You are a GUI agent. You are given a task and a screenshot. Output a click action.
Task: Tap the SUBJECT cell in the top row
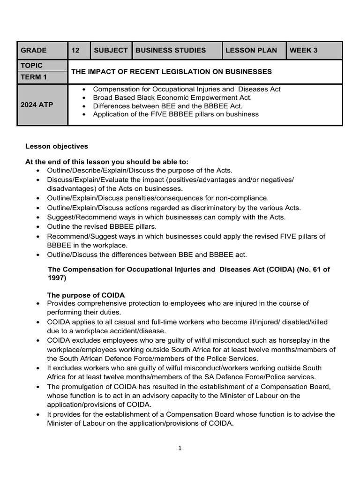pos(111,50)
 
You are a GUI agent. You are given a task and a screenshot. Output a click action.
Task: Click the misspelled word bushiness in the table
pos(242,114)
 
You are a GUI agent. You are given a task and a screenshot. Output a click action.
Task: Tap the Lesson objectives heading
pos(57,146)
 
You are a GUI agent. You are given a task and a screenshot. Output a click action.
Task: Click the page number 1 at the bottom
pos(180,448)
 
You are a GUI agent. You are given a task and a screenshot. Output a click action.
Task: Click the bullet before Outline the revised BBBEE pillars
pos(38,227)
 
